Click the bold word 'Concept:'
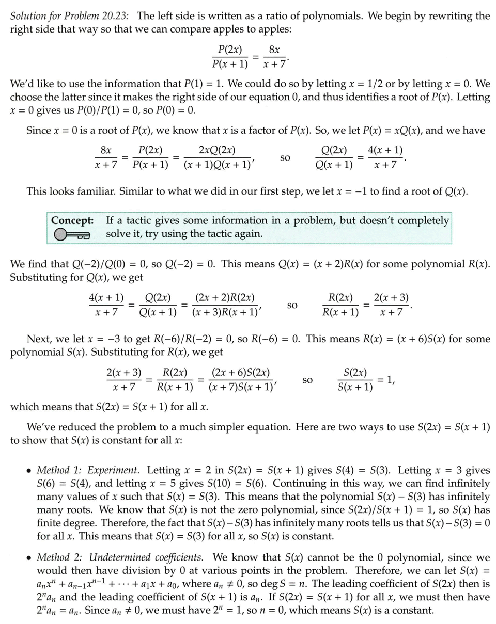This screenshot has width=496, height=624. pyautogui.click(x=72, y=220)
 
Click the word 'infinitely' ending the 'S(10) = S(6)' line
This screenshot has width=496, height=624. pyautogui.click(x=467, y=484)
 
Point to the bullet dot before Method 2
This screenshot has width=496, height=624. pyautogui.click(x=29, y=558)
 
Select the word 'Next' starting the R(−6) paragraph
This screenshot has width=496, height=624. pyautogui.click(x=37, y=340)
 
